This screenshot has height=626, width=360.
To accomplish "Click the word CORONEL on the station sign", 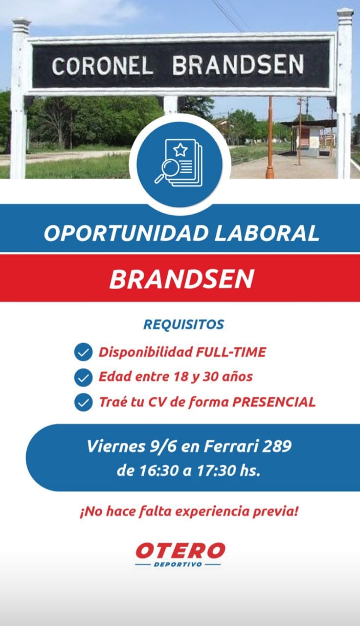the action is coord(103,66).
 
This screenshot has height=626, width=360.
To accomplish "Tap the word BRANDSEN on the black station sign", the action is coord(238,65).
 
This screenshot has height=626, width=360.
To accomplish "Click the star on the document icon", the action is coord(180,150).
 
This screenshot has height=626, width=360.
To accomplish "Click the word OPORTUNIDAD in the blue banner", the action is coord(127,233).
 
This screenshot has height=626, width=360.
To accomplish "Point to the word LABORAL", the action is coord(267,233).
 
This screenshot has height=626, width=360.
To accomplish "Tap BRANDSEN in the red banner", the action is coord(181,279).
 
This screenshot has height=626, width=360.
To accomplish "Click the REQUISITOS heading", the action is coord(183,324).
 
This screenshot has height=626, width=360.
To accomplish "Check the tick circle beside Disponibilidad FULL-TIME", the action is coord(83,352).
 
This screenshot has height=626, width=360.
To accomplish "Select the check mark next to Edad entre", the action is coord(83,377).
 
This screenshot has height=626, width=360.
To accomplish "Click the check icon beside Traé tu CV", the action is coord(83,402).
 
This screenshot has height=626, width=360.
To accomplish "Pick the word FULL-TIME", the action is coord(231,352).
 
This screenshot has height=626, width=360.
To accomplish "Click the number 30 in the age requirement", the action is coord(210,377).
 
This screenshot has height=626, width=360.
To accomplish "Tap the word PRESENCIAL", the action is coord(274,402).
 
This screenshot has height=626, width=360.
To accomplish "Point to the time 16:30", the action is coord(159,471).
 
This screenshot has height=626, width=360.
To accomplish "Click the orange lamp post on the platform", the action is coord(270,137).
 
